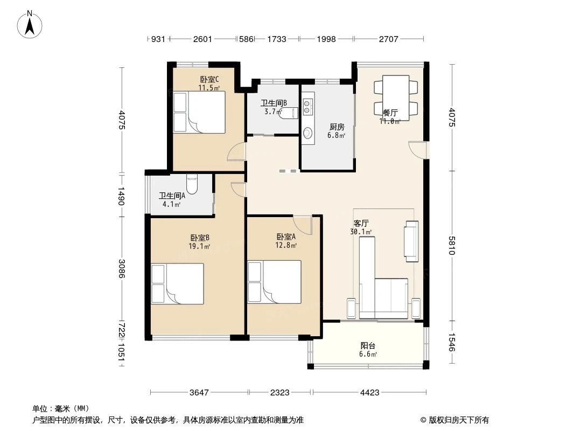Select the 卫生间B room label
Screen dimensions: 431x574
274,103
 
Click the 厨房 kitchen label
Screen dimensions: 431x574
337,127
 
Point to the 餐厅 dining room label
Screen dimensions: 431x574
390,113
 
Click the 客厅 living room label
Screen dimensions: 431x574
361,223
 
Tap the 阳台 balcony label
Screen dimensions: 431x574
368,346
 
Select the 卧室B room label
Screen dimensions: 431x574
199,238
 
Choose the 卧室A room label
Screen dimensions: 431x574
286,237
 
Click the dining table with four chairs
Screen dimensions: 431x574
396,95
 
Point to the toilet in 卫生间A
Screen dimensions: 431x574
192,184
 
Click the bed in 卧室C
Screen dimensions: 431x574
199,112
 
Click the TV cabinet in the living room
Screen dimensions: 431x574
411,241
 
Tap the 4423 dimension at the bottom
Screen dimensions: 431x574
370,393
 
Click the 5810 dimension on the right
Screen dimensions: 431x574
451,246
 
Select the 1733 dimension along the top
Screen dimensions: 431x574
276,39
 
